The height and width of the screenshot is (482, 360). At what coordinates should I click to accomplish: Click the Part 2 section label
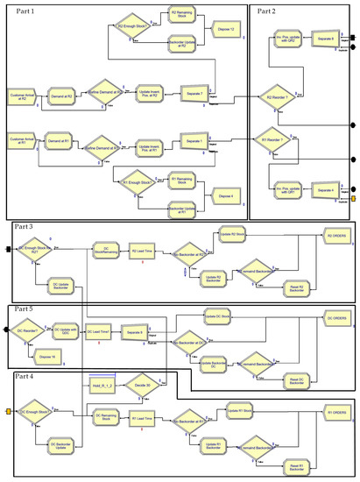267,11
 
